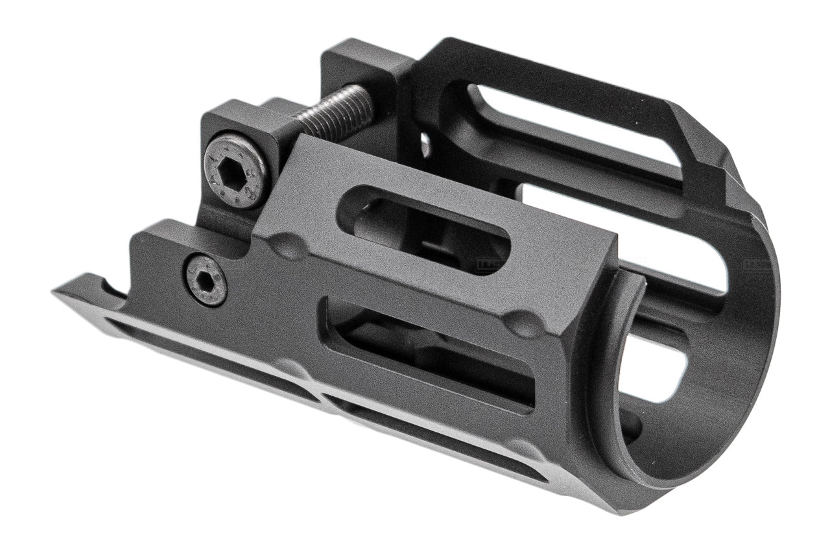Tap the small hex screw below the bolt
(x=206, y=279)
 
